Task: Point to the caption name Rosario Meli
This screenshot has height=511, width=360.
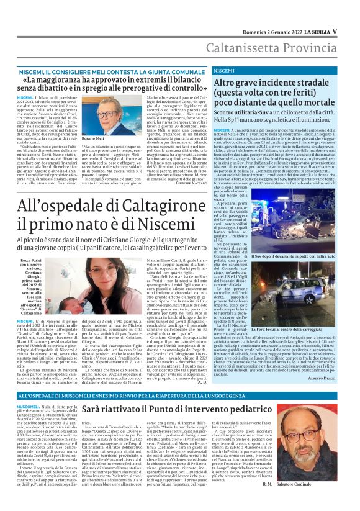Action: [x=93, y=138]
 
